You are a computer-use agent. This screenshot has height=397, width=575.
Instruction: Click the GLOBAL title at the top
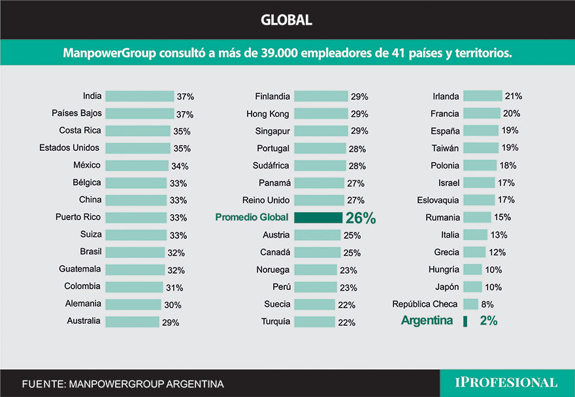pyautogui.click(x=286, y=20)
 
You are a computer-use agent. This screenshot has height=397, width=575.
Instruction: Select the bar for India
pyautogui.click(x=139, y=96)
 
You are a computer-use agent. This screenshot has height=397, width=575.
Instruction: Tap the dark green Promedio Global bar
pyautogui.click(x=318, y=217)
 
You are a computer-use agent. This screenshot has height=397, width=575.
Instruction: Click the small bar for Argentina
pyautogui.click(x=465, y=321)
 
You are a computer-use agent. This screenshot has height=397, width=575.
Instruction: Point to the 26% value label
pyautogui.click(x=361, y=218)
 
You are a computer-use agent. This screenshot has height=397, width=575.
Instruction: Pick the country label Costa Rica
pyautogui.click(x=80, y=131)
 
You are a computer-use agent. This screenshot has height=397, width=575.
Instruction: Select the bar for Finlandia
pyautogui.click(x=321, y=96)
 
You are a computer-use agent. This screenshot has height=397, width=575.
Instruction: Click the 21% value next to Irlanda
pyautogui.click(x=513, y=97)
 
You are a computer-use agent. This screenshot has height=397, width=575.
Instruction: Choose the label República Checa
pyautogui.click(x=425, y=304)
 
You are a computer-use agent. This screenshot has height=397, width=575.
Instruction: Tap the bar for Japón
pyautogui.click(x=472, y=287)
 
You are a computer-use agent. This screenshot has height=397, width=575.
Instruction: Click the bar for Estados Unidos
pyautogui.click(x=138, y=148)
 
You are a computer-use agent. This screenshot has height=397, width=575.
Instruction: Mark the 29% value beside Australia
pyautogui.click(x=171, y=322)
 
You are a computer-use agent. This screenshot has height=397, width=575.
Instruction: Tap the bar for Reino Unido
pyautogui.click(x=319, y=200)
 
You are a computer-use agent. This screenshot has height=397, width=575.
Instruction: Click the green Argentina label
pyautogui.click(x=427, y=321)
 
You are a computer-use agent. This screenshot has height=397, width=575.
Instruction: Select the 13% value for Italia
pyautogui.click(x=499, y=235)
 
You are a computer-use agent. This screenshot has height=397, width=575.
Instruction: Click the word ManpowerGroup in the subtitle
pyautogui.click(x=109, y=53)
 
